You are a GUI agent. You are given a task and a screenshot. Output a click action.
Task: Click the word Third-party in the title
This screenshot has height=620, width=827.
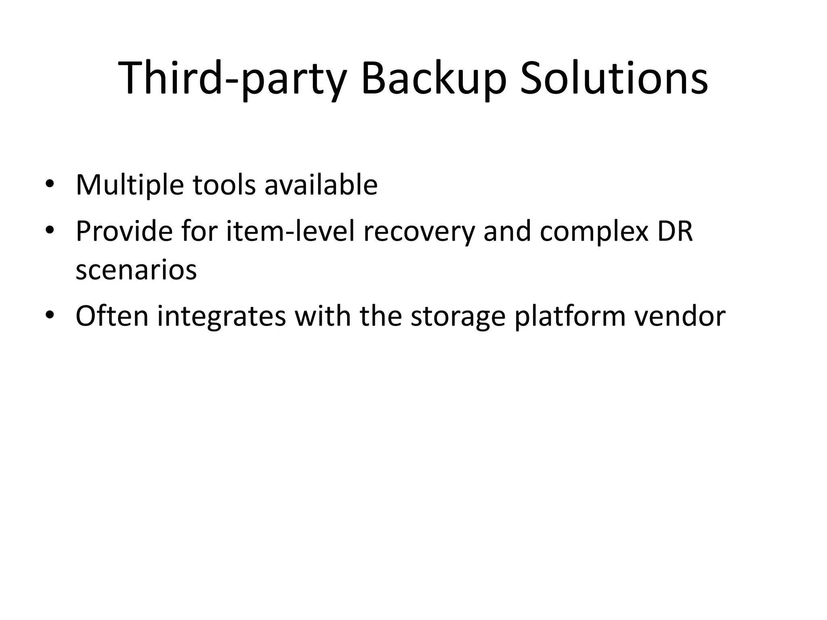[x=232, y=79]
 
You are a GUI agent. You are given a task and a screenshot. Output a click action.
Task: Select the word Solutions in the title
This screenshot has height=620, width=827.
[x=614, y=79]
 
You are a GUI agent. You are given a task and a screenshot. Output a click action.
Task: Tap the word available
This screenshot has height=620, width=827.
[x=321, y=185]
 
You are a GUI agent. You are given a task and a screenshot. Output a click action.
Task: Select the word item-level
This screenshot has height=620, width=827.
[x=290, y=231]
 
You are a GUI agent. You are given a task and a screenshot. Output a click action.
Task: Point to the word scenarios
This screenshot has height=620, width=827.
[x=136, y=270]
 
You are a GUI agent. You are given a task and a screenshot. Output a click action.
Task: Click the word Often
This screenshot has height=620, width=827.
[x=112, y=316]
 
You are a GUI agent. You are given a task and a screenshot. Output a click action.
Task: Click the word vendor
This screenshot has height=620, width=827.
[x=680, y=316]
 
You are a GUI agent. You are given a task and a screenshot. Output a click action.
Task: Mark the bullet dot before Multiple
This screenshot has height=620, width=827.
[x=50, y=185]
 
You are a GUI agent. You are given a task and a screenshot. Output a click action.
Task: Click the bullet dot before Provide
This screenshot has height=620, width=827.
[x=50, y=231]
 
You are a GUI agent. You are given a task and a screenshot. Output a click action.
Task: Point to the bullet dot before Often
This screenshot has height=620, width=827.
[x=50, y=316]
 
